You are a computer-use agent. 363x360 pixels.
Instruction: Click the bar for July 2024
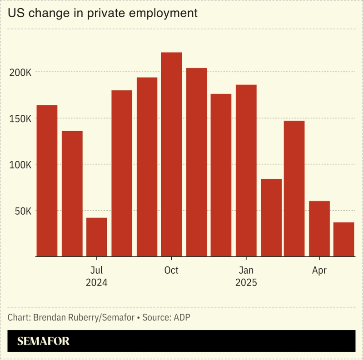coord(97,237)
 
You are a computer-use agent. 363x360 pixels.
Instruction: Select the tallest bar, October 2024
coord(171,154)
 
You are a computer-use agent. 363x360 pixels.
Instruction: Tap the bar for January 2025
coord(246,170)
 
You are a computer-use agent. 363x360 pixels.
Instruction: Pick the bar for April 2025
coord(319,228)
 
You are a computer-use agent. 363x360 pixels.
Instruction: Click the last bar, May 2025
coord(344,239)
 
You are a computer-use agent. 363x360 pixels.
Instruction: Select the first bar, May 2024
coord(47,181)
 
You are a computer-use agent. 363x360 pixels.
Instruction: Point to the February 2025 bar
coord(271,217)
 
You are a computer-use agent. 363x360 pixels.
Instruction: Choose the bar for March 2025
coord(294,188)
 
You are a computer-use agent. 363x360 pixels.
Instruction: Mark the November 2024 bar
coord(197,162)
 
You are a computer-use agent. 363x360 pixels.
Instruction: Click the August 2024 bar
coord(122,173)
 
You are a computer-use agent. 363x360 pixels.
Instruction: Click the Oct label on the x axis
coord(171,271)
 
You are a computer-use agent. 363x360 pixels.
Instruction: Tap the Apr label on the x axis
coord(319,271)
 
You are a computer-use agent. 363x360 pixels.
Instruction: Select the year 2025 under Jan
coord(246,283)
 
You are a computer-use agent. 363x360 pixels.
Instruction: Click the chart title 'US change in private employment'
coord(103,13)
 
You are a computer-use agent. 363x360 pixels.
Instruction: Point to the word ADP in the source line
coord(182,317)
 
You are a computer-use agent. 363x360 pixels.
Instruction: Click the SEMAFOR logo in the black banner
coord(44,341)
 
